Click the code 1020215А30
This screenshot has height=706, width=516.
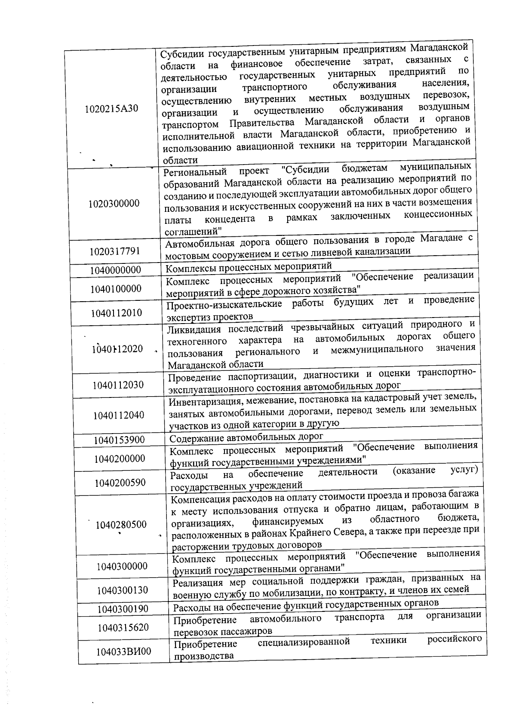[x=112, y=108]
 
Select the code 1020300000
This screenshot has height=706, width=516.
[x=114, y=203]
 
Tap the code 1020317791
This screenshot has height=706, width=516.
[x=115, y=251]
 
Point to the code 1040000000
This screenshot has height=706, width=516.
[x=116, y=270]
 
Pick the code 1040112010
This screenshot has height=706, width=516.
[x=117, y=312]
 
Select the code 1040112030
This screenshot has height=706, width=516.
[x=118, y=385]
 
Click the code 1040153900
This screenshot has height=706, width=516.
[x=120, y=440]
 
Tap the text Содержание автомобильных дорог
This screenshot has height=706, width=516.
[x=246, y=438]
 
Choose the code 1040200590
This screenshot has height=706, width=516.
[x=120, y=483]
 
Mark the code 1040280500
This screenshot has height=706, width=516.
[x=121, y=524]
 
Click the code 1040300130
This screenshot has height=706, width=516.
[x=123, y=590]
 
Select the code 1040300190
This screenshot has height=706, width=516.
[x=123, y=609]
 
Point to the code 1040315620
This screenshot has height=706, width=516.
[x=123, y=627]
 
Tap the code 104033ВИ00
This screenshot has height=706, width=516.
[x=123, y=651]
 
